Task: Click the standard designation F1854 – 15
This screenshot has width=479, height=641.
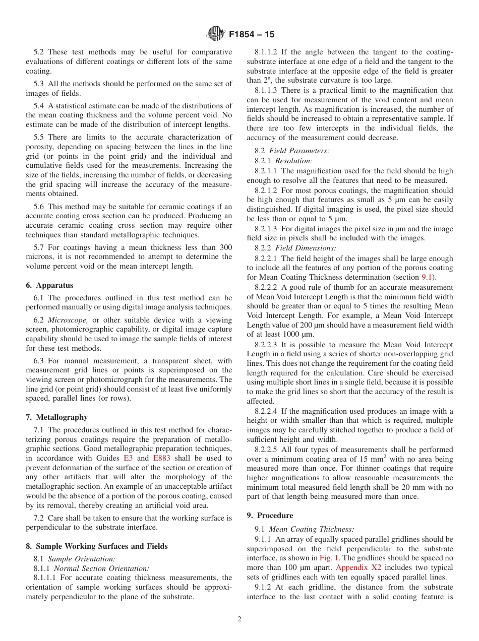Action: (252, 35)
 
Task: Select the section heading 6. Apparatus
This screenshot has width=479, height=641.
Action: (49, 285)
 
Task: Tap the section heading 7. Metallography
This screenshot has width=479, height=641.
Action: (56, 417)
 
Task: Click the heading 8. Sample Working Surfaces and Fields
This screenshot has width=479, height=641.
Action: (97, 546)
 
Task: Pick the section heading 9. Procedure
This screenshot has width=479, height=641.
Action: (270, 516)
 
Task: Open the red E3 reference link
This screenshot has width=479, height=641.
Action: (128, 458)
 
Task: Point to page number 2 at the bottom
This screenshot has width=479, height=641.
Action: (239, 619)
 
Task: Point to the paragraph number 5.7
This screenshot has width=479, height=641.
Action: (39, 247)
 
